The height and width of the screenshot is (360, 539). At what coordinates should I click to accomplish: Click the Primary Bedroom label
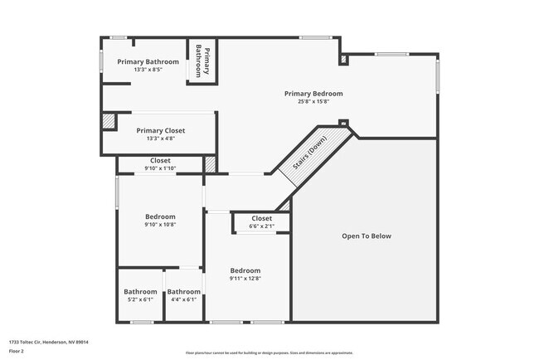click(x=313, y=94)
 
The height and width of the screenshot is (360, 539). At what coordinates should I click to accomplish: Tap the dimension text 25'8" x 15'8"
click(x=313, y=102)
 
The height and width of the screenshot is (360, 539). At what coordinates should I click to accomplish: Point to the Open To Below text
click(x=366, y=236)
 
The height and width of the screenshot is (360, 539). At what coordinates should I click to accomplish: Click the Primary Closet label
click(x=161, y=130)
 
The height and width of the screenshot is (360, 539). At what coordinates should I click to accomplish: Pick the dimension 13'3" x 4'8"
click(x=161, y=139)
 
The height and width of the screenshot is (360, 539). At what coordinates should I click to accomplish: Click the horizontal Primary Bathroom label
click(x=148, y=61)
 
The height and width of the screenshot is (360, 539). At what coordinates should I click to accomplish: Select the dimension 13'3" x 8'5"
click(x=148, y=70)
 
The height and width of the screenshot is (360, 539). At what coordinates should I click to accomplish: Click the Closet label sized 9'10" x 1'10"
click(x=160, y=160)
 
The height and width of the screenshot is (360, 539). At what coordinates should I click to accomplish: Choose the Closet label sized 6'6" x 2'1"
click(x=261, y=218)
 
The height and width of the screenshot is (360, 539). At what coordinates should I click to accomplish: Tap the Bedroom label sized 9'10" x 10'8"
click(x=160, y=216)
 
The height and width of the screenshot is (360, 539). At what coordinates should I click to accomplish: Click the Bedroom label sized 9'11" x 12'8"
click(x=245, y=270)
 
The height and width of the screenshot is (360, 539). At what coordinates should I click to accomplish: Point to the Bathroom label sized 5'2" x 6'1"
click(x=140, y=291)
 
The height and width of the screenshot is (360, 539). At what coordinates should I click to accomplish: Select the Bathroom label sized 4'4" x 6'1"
click(x=183, y=291)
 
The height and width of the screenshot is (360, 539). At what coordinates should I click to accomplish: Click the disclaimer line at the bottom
click(x=269, y=353)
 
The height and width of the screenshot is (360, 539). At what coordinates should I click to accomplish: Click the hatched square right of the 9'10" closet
click(x=210, y=164)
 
